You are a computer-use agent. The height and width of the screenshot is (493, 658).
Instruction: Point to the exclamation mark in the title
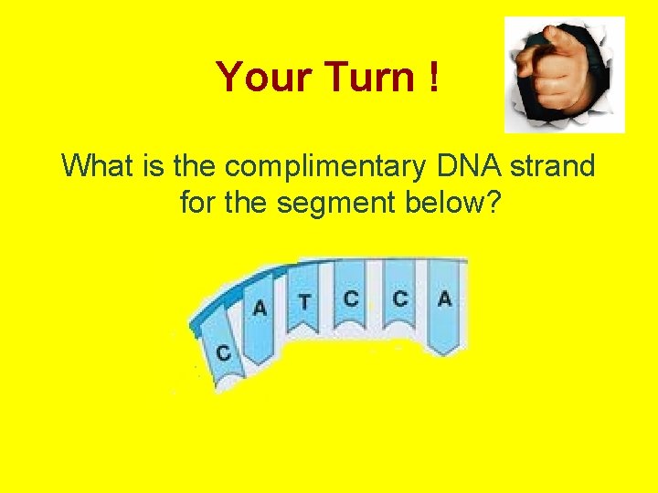pyautogui.click(x=430, y=78)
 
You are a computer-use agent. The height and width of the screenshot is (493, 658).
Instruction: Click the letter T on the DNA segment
pyautogui.click(x=304, y=300)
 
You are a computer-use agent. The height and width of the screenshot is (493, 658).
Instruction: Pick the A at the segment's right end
pyautogui.click(x=444, y=298)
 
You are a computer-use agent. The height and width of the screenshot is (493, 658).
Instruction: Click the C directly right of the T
pyautogui.click(x=351, y=298)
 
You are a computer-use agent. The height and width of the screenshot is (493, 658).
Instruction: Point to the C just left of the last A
pyautogui.click(x=400, y=298)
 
